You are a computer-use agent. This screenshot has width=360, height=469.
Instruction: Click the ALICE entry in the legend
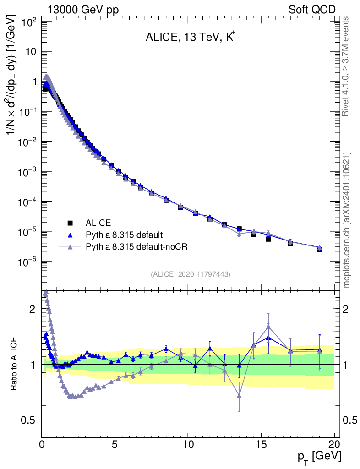[98, 223]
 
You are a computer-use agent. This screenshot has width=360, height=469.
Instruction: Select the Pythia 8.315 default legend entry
[124, 235]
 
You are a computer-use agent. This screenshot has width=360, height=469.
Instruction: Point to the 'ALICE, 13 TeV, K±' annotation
[190, 38]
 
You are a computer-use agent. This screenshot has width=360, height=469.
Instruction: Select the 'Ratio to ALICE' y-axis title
[15, 364]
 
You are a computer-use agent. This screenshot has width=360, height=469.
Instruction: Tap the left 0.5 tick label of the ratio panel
[29, 420]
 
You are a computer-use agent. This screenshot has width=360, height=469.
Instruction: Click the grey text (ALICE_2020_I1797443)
[190, 274]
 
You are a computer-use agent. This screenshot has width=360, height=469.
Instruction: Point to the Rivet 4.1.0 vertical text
[346, 66]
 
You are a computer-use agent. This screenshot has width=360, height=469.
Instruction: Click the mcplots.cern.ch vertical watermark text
[346, 220]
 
